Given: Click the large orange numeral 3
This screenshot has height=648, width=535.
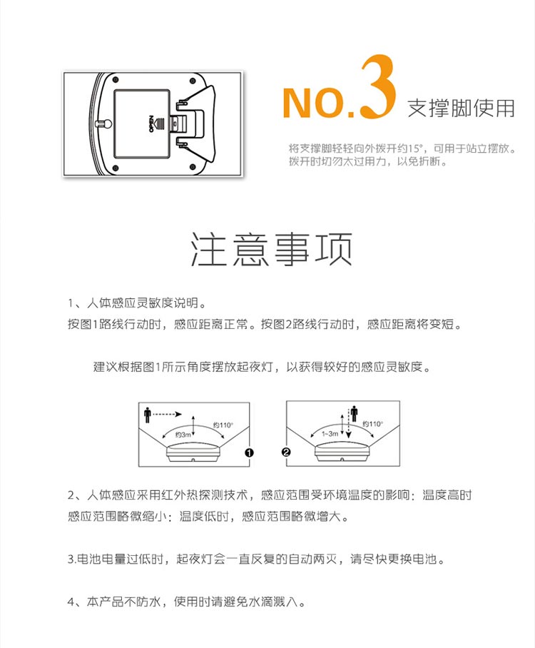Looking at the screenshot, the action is (377, 87).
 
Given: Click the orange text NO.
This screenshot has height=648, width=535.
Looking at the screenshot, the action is (318, 103).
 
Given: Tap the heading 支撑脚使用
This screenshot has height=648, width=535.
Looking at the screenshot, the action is (461, 108).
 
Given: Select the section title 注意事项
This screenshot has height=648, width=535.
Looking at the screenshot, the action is (271, 249).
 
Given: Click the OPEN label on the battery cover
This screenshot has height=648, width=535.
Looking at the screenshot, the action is (151, 123).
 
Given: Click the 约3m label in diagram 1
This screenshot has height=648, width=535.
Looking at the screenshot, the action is (183, 435).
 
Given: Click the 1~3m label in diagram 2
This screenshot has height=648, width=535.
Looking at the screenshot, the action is (330, 434).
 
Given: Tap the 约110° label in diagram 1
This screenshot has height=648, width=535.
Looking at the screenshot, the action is (223, 425).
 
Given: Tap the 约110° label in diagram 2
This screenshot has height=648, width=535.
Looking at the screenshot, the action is (372, 424).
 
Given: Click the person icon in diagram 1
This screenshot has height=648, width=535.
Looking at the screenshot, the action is (147, 415).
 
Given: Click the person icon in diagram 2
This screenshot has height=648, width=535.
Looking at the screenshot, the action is (354, 414).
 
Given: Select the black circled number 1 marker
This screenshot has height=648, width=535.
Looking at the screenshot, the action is (249, 453).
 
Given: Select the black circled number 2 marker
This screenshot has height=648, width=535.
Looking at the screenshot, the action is (286, 452).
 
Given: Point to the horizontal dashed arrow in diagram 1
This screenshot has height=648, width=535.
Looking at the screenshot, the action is (167, 414).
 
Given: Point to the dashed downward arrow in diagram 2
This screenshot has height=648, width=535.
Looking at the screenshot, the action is (349, 423).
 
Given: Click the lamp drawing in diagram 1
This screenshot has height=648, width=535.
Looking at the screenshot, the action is (194, 453).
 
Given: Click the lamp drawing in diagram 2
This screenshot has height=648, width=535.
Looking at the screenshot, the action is (342, 453).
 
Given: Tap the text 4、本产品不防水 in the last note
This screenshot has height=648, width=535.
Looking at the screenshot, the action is (114, 602).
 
